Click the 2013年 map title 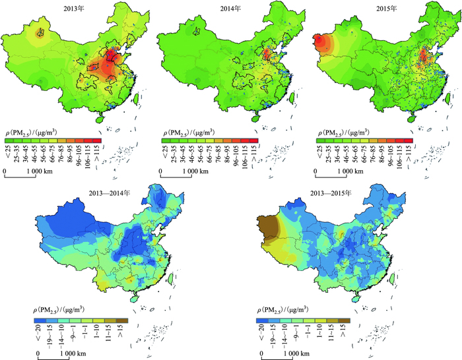[x=75, y=9]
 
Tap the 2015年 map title [x=387, y=9]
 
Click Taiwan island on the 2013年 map [x=136, y=100]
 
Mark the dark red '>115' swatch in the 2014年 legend [x=254, y=140]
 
